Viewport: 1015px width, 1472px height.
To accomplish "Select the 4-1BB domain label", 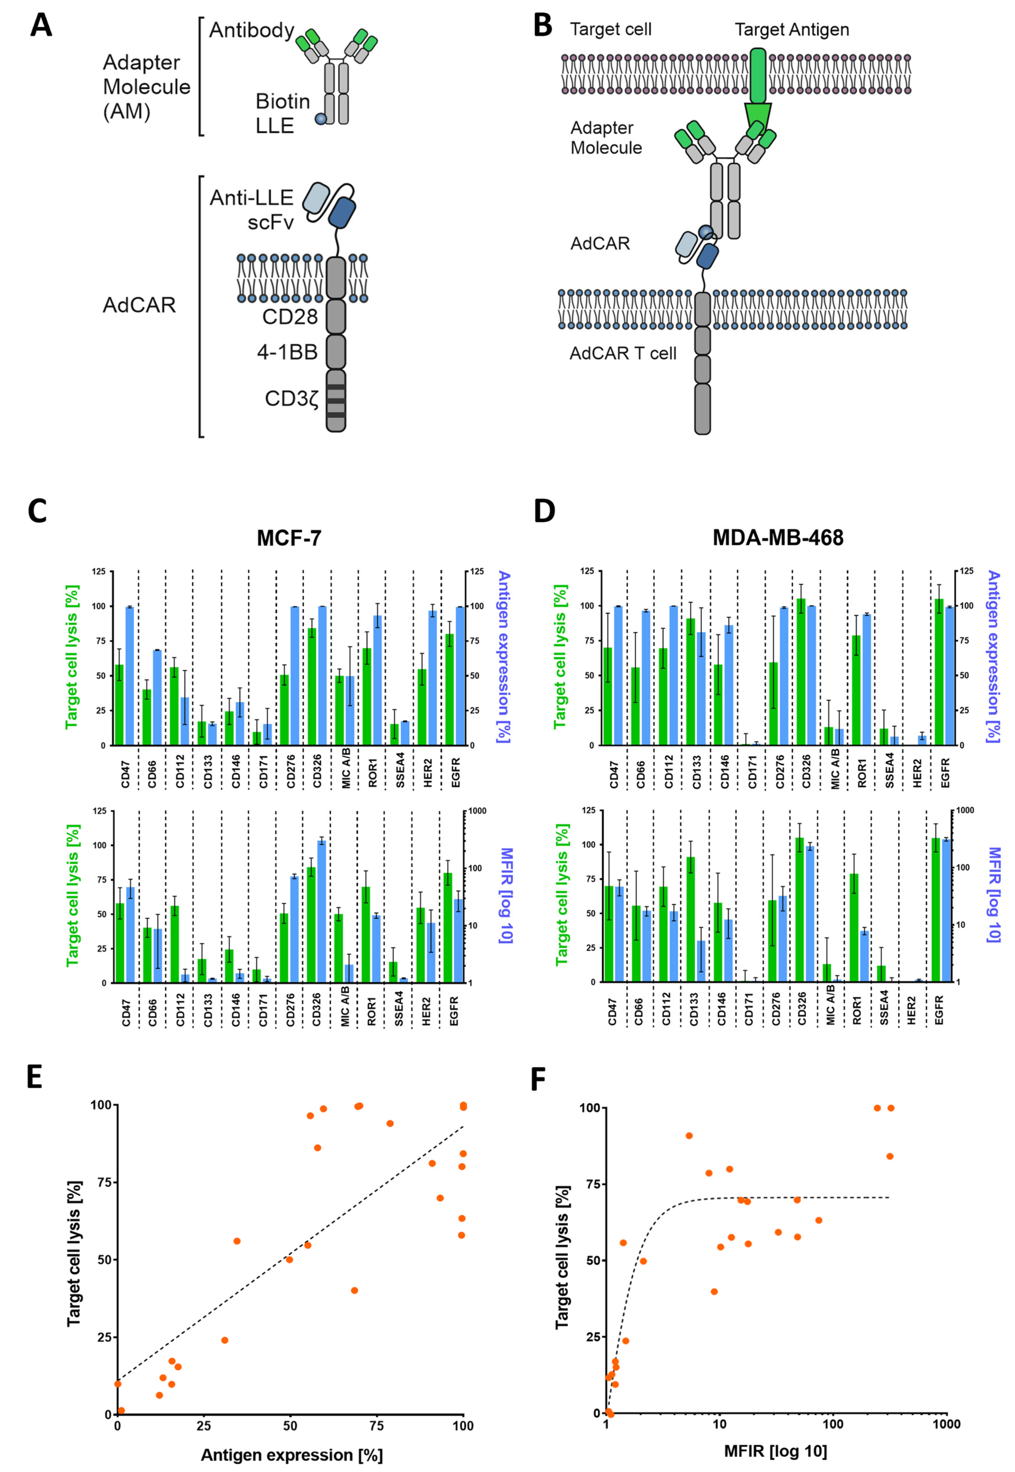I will pyautogui.click(x=287, y=352).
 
